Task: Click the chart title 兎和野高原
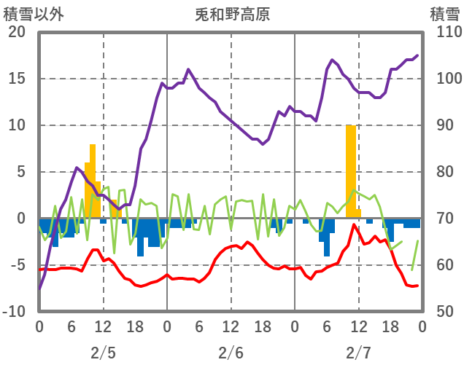pos(232,13)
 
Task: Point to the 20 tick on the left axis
pos(17,32)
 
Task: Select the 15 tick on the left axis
pos(17,79)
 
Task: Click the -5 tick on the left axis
pos(17,265)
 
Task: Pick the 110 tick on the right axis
pos(444,32)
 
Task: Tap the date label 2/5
pos(103,353)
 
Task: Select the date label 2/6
pos(231,353)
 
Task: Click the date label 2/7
pos(358,353)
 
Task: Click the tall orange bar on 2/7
pos(351,171)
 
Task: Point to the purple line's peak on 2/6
pos(188,70)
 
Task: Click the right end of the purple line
pos(417,55)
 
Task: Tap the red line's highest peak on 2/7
pos(355,225)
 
